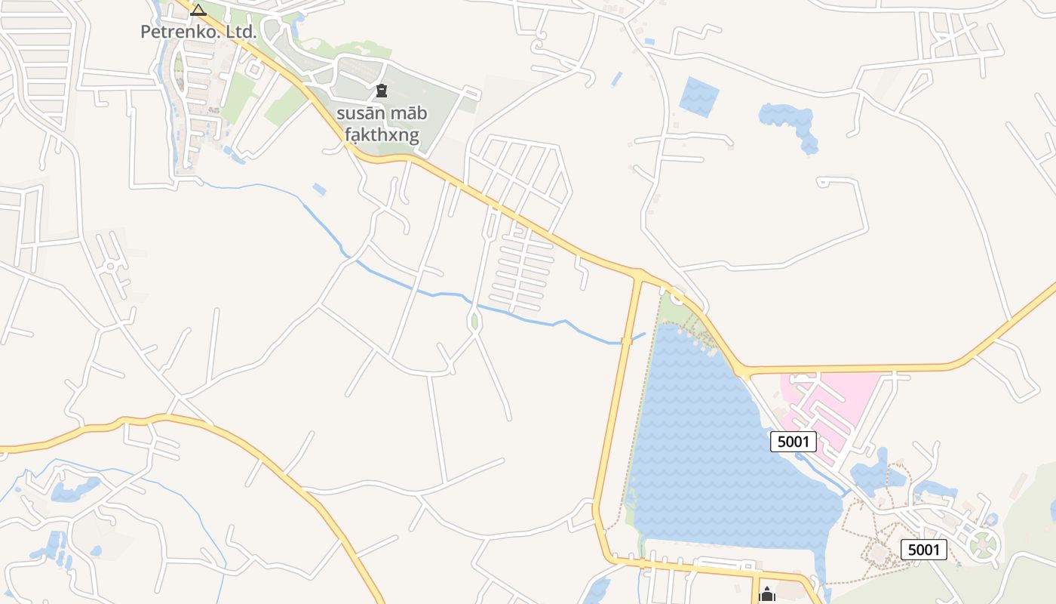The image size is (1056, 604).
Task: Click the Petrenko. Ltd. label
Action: tap(198, 32)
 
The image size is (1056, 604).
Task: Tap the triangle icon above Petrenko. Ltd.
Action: tap(198, 10)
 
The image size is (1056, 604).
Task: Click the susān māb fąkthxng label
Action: tap(382, 125)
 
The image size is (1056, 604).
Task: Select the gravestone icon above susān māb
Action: tap(382, 91)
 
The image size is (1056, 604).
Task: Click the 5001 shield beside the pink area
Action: tap(793, 442)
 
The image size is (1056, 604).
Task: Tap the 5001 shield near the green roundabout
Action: tap(923, 549)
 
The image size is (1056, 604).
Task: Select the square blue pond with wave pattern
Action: tap(698, 97)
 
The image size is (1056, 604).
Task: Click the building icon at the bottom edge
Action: tap(767, 595)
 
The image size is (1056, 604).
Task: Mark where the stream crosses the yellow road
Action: tap(626, 342)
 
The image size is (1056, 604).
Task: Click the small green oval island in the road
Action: tap(474, 321)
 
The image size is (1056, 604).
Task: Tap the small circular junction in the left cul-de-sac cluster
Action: tap(111, 266)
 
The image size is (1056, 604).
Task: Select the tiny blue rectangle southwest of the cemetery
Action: tap(319, 189)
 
